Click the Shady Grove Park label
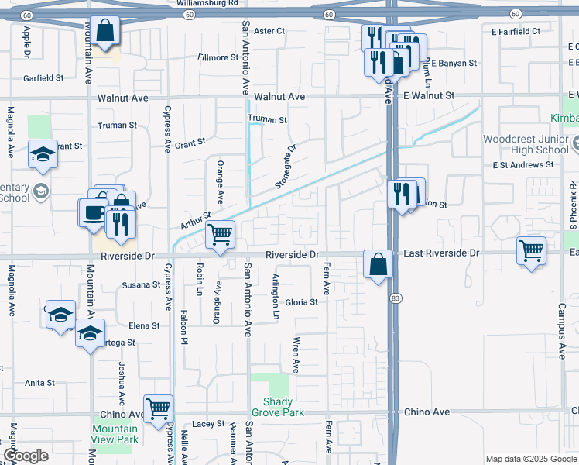[278, 407]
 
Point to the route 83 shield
[395, 298]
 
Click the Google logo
[26, 456]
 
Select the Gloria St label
[302, 302]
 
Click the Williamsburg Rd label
[207, 4]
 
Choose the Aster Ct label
[270, 31]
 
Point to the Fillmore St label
[218, 57]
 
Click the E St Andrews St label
[523, 165]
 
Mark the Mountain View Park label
[115, 434]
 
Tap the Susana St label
[141, 284]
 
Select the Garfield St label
[43, 78]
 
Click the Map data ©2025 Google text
[530, 459]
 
